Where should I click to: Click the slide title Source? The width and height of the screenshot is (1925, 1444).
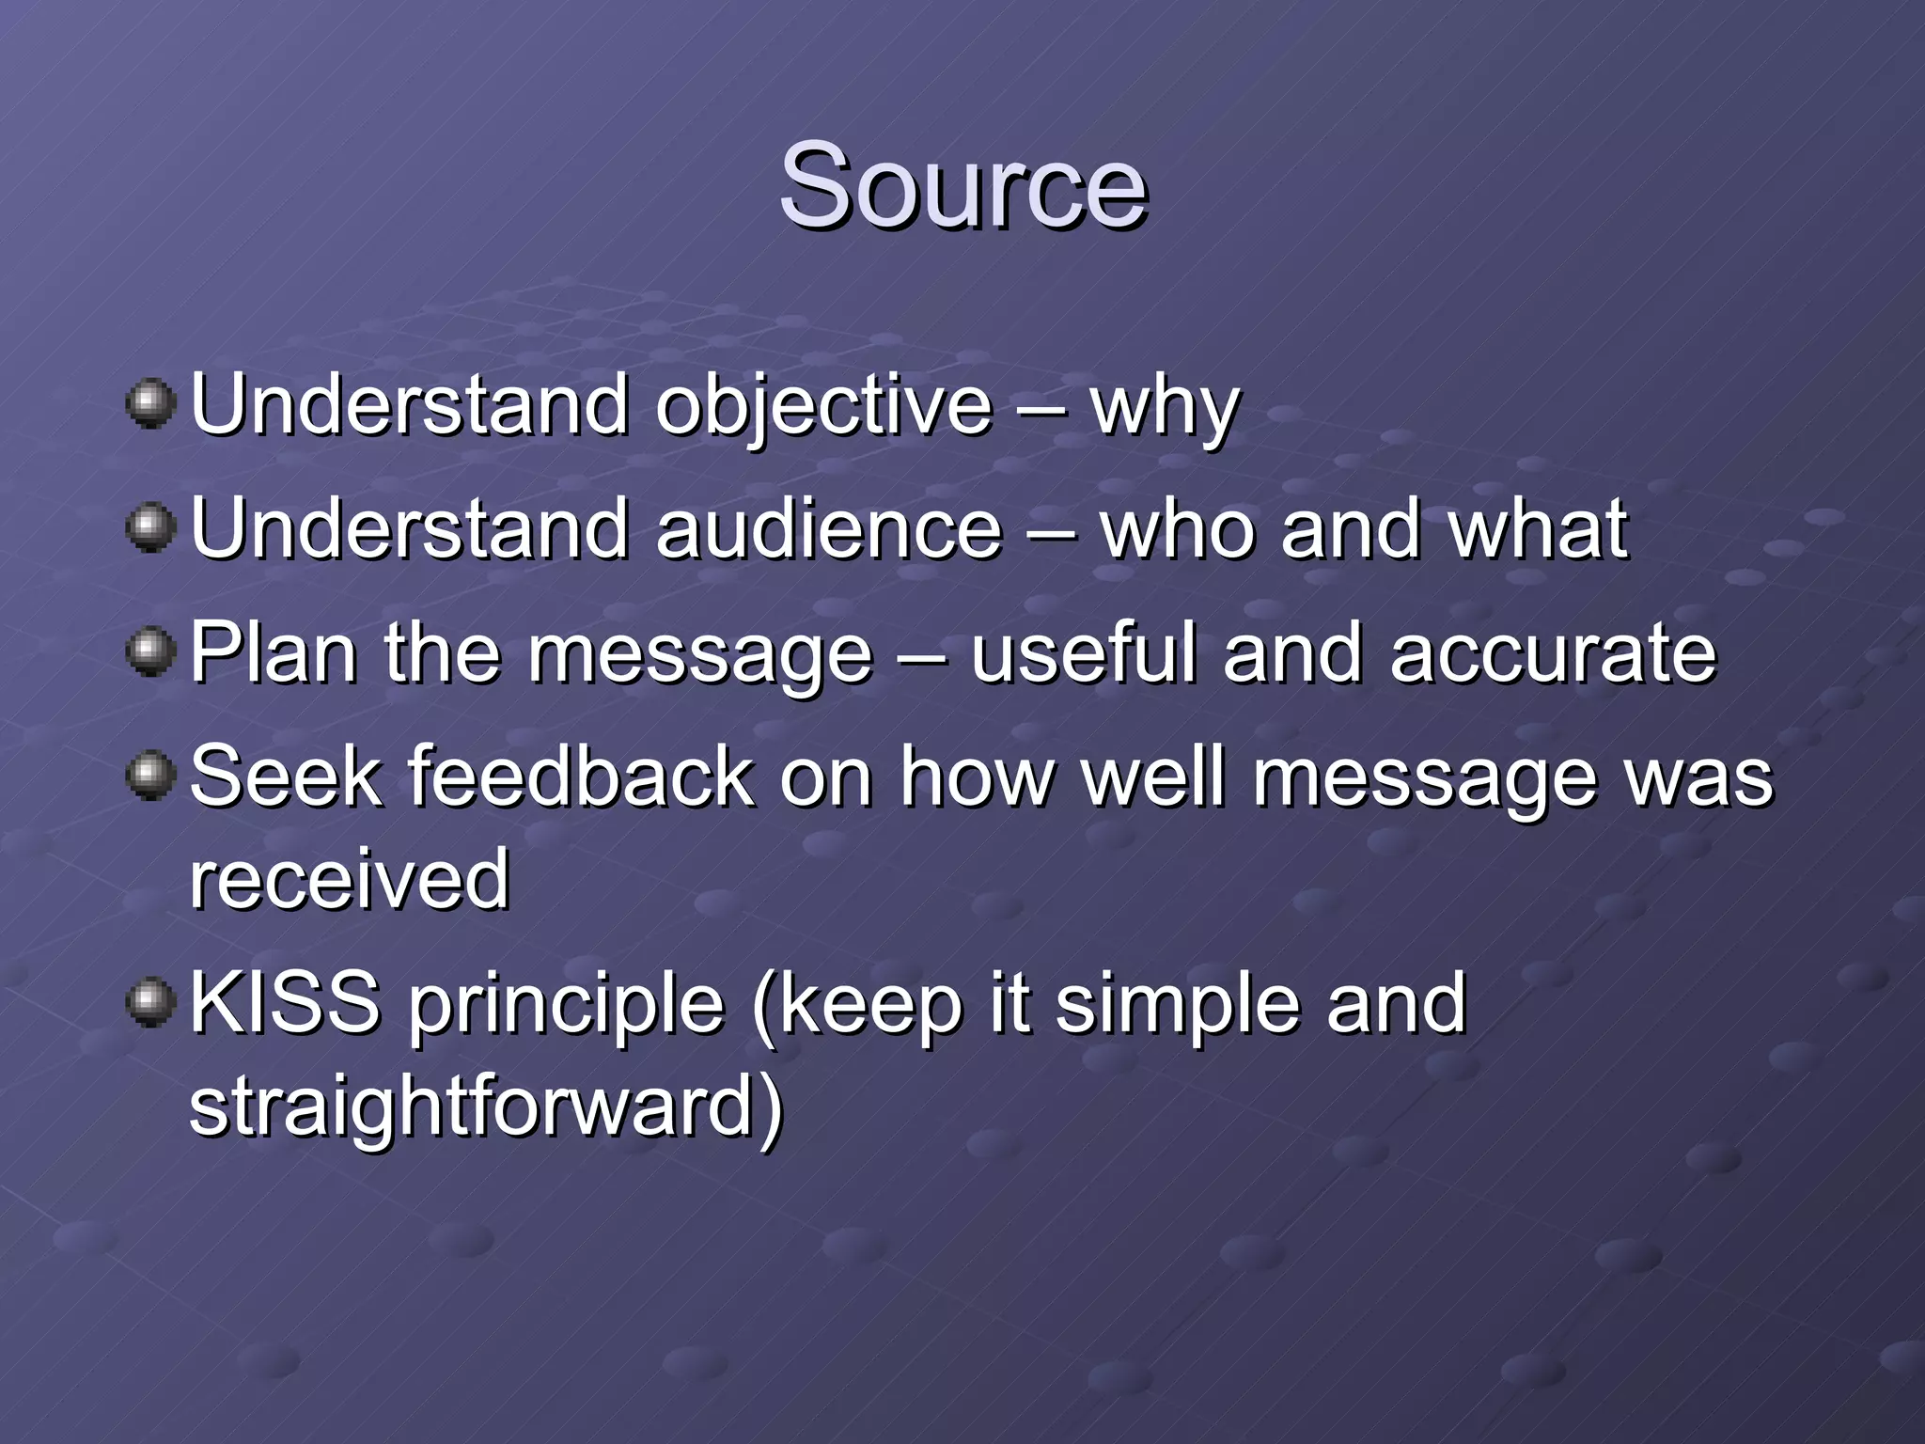coord(962,185)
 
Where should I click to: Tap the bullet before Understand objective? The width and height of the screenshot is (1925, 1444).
coord(150,404)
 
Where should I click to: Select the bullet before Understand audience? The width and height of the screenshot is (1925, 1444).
coord(150,527)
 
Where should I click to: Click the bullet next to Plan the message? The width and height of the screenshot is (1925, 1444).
coord(150,651)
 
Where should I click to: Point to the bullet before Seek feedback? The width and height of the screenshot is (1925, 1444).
coord(150,776)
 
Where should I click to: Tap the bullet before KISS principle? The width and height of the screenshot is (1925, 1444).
coord(150,1002)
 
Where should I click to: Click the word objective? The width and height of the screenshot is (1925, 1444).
coord(823,406)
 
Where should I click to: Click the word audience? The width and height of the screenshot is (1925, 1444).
coord(829,528)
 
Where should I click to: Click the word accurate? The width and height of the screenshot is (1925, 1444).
coord(1553,654)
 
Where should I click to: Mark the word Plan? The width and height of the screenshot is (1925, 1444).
coord(274,652)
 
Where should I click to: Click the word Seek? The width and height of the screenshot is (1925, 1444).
coord(286,777)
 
